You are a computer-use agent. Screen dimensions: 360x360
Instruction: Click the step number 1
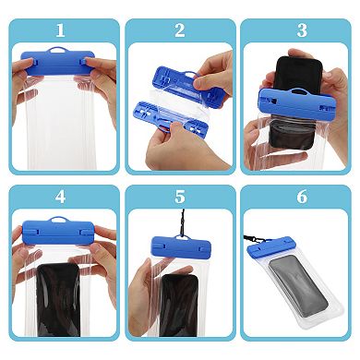tap(61, 30)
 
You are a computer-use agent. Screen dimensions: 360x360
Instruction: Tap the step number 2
tap(179, 30)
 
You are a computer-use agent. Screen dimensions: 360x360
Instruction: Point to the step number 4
tap(61, 197)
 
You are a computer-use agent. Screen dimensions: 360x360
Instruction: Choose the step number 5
tap(179, 197)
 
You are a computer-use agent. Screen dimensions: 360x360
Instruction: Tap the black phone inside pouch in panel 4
tap(60, 300)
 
